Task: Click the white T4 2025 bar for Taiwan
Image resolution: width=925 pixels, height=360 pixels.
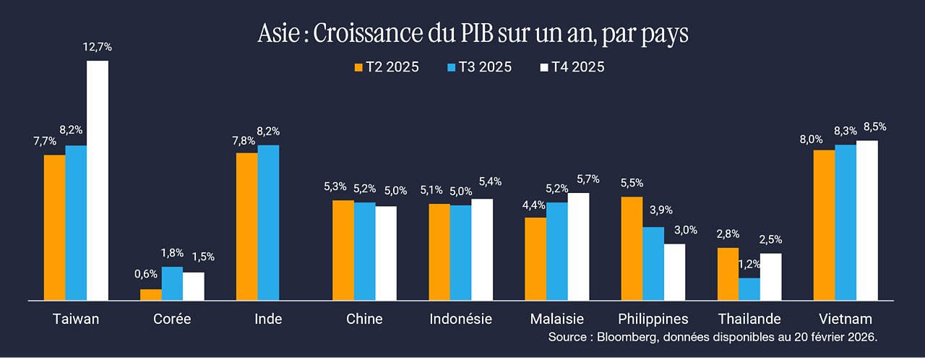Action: point(98,181)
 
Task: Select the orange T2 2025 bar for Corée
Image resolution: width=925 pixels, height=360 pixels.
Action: point(151,295)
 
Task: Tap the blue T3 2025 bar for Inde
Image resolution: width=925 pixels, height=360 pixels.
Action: point(268,223)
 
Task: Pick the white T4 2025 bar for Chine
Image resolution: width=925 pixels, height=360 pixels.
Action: point(386,254)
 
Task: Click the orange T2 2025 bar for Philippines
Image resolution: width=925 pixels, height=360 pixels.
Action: point(632,249)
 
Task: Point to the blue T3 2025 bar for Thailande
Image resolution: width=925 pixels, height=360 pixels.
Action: point(749,289)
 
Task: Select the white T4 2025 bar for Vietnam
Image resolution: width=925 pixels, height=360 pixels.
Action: point(867,220)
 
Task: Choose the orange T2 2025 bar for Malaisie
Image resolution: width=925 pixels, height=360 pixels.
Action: point(535,259)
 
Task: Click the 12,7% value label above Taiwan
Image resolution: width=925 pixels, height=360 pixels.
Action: point(98,47)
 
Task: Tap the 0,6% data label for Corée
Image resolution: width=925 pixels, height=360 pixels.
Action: point(146,274)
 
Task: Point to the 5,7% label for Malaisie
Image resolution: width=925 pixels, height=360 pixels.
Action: point(588,179)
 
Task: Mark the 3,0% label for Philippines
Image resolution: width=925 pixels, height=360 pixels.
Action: point(686,230)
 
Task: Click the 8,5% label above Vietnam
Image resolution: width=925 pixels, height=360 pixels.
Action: point(874,127)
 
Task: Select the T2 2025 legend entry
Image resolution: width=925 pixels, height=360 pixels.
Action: point(387,67)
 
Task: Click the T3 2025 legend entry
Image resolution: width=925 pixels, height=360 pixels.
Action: point(479,67)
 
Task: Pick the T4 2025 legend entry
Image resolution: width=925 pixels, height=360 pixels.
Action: point(572,67)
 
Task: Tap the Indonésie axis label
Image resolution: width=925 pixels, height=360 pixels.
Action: point(461,319)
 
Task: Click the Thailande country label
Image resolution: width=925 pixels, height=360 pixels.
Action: point(749,319)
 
